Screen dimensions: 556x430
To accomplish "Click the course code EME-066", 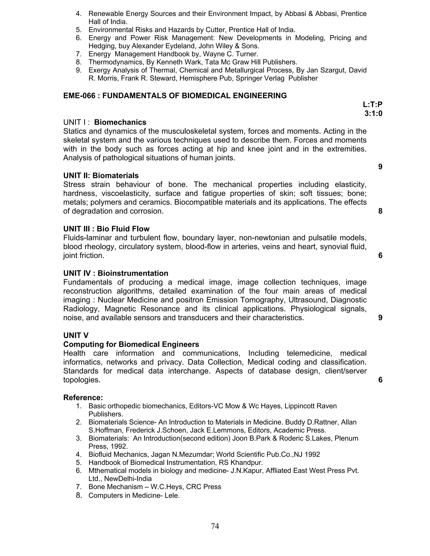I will tap(79, 96).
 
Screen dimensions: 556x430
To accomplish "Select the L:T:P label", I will tap(373, 104).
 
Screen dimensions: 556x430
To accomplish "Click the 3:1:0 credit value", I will tap(373, 113).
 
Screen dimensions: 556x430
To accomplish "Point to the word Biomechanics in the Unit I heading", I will tap(120, 123).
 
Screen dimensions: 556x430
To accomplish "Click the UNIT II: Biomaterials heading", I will tap(101, 176).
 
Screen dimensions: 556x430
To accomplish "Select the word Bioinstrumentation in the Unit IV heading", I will tap(133, 273).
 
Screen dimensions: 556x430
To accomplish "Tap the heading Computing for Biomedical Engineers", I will tap(131, 345).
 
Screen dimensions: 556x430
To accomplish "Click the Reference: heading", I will tap(83, 398).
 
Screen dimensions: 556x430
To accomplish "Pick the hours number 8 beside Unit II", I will tap(380, 211).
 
